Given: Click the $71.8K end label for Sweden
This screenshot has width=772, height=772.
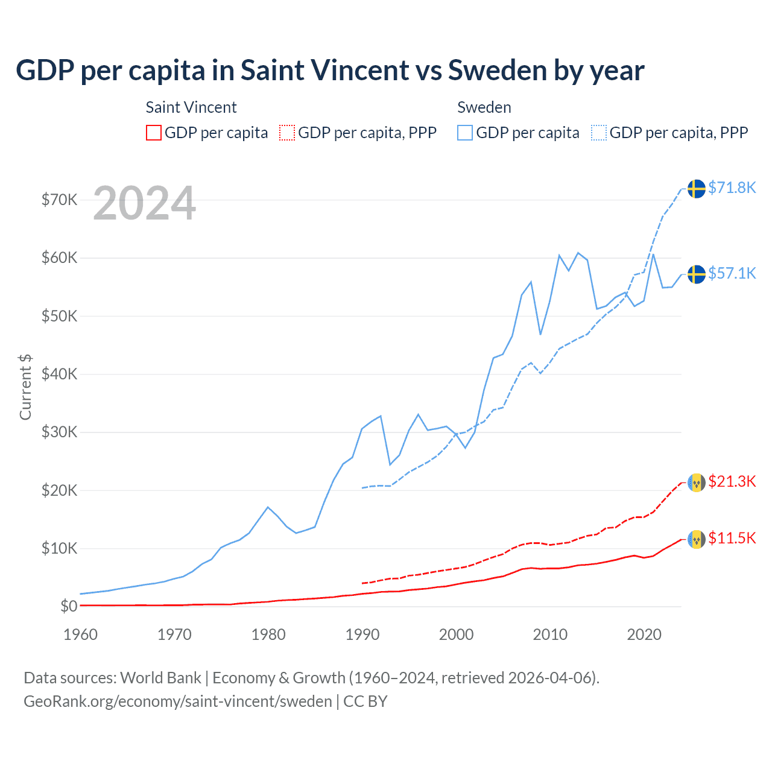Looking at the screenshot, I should pos(732,188).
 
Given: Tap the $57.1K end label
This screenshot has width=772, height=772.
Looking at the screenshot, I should pos(732,273).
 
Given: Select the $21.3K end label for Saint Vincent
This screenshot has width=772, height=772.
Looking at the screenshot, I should pos(732,481).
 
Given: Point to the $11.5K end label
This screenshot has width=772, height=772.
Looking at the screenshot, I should pos(732,538).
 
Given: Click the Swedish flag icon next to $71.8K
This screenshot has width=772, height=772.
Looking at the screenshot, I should pos(697,188).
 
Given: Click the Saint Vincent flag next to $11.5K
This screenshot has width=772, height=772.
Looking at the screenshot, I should pos(697,539).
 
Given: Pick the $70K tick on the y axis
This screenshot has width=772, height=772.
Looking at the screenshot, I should pos(59,200).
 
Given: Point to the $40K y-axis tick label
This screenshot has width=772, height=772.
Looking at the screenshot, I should pos(59,374).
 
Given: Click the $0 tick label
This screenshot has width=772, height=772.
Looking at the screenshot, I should pos(69,606).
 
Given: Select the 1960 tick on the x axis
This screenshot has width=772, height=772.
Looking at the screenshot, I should pos(80,634).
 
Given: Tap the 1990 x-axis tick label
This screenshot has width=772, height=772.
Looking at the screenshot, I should pos(362,634).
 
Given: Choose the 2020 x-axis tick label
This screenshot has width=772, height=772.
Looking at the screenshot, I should pos(644,634).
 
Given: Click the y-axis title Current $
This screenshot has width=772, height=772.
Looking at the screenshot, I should pos(25,387).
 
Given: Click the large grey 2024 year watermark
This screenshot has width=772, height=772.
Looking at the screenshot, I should pos(144,203).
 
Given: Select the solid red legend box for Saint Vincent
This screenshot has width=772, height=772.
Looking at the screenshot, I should pos(154,133).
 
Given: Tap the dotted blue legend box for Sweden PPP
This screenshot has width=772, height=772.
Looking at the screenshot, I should pos(599,133).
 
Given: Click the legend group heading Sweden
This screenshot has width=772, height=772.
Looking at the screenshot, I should pos(484,107).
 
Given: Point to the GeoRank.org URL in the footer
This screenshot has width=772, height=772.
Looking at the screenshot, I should pos(178,701).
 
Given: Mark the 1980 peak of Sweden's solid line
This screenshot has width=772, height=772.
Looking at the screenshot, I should pos(268,507).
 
